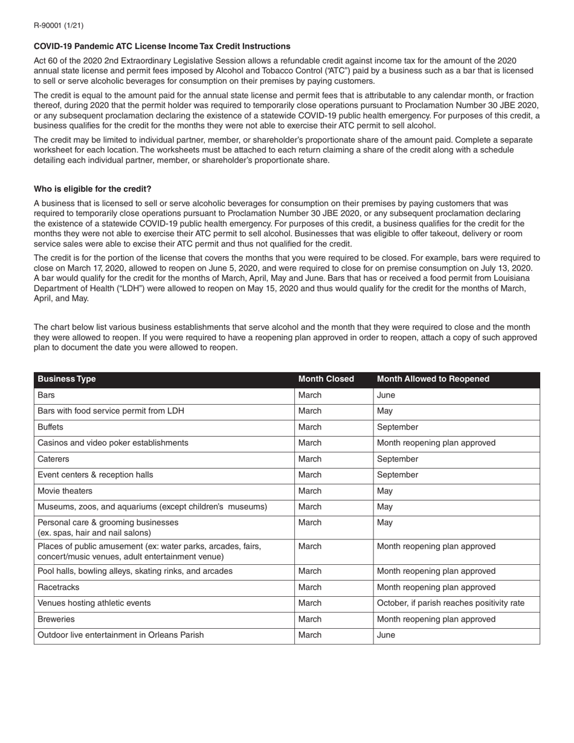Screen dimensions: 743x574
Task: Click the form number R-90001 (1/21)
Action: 59,25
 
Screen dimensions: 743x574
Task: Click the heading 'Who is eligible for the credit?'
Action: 92,189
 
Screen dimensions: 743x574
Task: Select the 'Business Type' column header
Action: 66,379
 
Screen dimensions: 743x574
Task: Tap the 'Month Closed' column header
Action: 326,379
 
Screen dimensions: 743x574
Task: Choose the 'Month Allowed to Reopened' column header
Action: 433,379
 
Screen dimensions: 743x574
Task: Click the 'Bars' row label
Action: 46,395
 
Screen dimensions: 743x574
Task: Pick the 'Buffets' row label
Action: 50,427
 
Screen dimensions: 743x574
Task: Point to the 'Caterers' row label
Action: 53,459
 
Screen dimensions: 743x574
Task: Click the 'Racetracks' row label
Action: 58,587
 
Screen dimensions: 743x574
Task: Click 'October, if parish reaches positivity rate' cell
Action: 451,603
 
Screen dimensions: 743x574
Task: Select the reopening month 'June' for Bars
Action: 385,395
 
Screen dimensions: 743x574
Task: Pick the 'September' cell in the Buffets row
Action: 398,427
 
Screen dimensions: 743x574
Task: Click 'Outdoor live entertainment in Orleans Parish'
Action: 121,635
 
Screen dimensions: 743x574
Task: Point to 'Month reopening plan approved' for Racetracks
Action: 436,587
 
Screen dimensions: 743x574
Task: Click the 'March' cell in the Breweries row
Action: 310,619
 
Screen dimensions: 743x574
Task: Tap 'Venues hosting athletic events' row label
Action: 94,603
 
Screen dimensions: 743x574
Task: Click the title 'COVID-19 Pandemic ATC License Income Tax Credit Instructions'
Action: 162,47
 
